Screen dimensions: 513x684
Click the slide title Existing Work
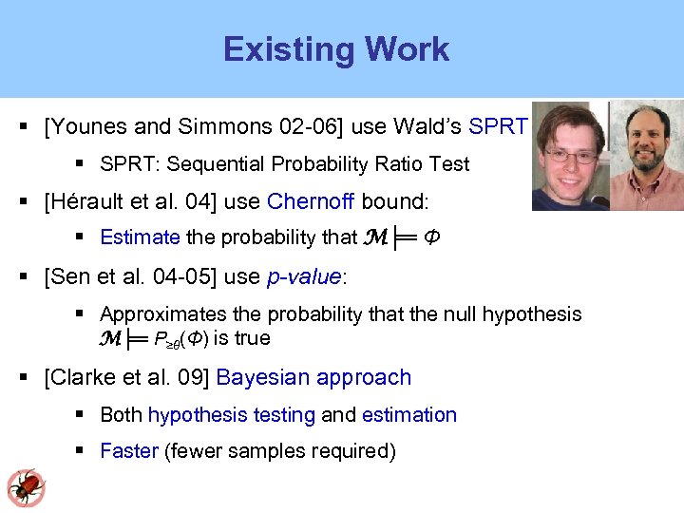point(336,49)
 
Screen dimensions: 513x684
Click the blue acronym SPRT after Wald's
point(499,125)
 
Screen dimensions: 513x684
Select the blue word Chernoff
point(311,201)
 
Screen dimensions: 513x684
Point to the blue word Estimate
point(140,237)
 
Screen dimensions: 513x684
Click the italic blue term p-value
point(303,276)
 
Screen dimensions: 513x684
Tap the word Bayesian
point(261,377)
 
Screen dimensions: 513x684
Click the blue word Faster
point(128,450)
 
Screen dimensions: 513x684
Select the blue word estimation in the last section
point(409,415)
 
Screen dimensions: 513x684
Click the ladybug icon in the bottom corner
point(26,486)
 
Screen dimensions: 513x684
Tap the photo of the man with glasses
point(568,155)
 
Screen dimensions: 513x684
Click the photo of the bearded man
point(646,155)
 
